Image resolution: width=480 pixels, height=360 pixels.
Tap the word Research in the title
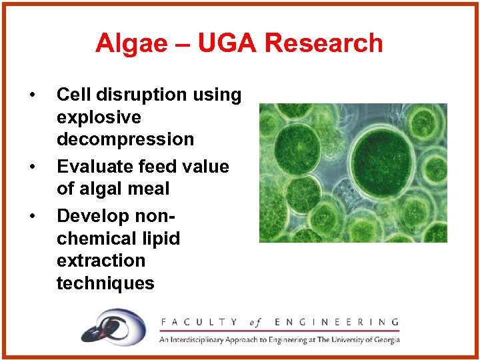[x=324, y=43]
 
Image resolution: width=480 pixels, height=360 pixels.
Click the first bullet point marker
[x=31, y=95]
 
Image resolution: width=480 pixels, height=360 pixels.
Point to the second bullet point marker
[x=31, y=167]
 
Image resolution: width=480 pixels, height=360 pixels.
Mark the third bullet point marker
[x=31, y=216]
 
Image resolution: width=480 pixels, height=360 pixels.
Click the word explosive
[x=99, y=117]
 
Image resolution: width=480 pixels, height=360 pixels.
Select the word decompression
[x=125, y=139]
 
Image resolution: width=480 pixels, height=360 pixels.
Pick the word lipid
[x=161, y=239]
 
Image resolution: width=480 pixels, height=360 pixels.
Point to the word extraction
[x=101, y=261]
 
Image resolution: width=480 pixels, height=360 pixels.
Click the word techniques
[x=105, y=283]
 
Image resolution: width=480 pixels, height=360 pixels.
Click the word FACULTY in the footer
[x=199, y=323]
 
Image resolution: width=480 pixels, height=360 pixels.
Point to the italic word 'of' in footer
[x=255, y=323]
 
